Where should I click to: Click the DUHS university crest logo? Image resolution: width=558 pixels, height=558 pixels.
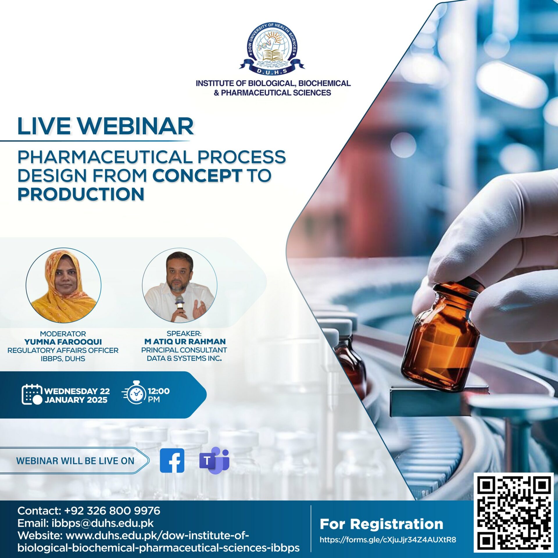(272, 48)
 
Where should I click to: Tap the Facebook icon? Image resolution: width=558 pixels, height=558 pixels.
(172, 461)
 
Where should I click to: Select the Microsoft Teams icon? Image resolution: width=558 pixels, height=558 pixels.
(214, 460)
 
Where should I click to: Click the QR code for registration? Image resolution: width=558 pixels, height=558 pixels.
(514, 513)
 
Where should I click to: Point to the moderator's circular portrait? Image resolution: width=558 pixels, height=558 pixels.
(63, 285)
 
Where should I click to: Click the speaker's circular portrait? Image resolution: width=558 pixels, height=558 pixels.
(180, 285)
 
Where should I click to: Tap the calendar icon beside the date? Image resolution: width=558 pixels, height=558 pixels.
(32, 394)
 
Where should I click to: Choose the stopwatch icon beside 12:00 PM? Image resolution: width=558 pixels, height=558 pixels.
(134, 392)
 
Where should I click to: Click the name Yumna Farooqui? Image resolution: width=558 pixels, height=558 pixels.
(63, 342)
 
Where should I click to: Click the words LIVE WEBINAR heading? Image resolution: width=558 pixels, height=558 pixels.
(105, 126)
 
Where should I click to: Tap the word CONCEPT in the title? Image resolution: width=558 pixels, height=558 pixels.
(197, 175)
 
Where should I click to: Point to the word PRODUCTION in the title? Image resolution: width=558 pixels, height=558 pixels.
(81, 194)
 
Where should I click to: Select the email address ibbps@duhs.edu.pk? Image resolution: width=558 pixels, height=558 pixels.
(103, 523)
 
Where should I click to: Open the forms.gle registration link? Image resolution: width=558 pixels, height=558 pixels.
(388, 540)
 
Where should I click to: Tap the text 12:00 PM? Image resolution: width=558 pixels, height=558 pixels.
(159, 395)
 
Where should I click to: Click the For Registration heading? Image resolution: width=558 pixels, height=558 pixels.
(381, 524)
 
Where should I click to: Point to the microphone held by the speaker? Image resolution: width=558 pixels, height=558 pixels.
(180, 304)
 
